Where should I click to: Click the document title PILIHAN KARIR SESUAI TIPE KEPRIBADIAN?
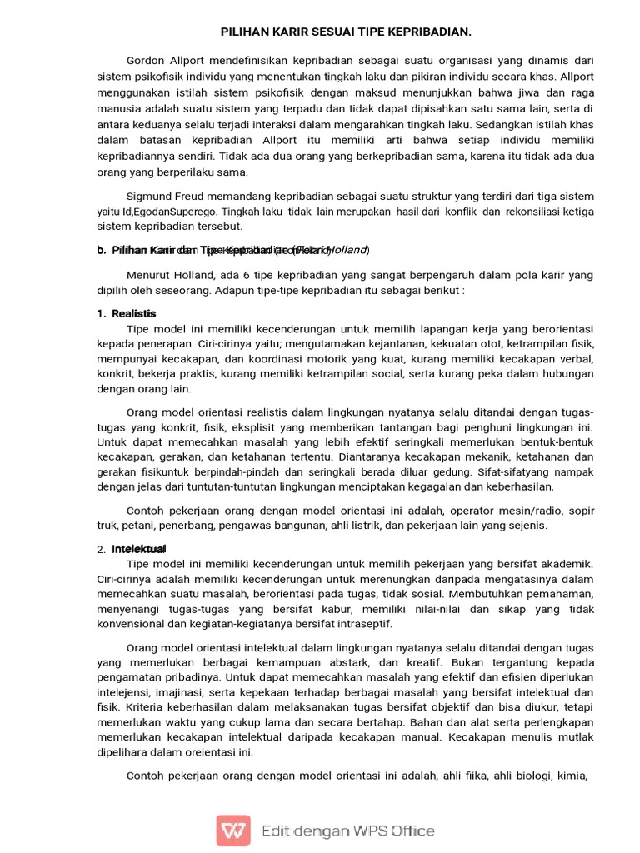tap(346, 32)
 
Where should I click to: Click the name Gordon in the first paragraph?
tap(146, 62)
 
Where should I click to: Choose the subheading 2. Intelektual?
tap(133, 549)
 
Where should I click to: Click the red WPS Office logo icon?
tap(233, 830)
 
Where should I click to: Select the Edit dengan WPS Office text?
tap(347, 830)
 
